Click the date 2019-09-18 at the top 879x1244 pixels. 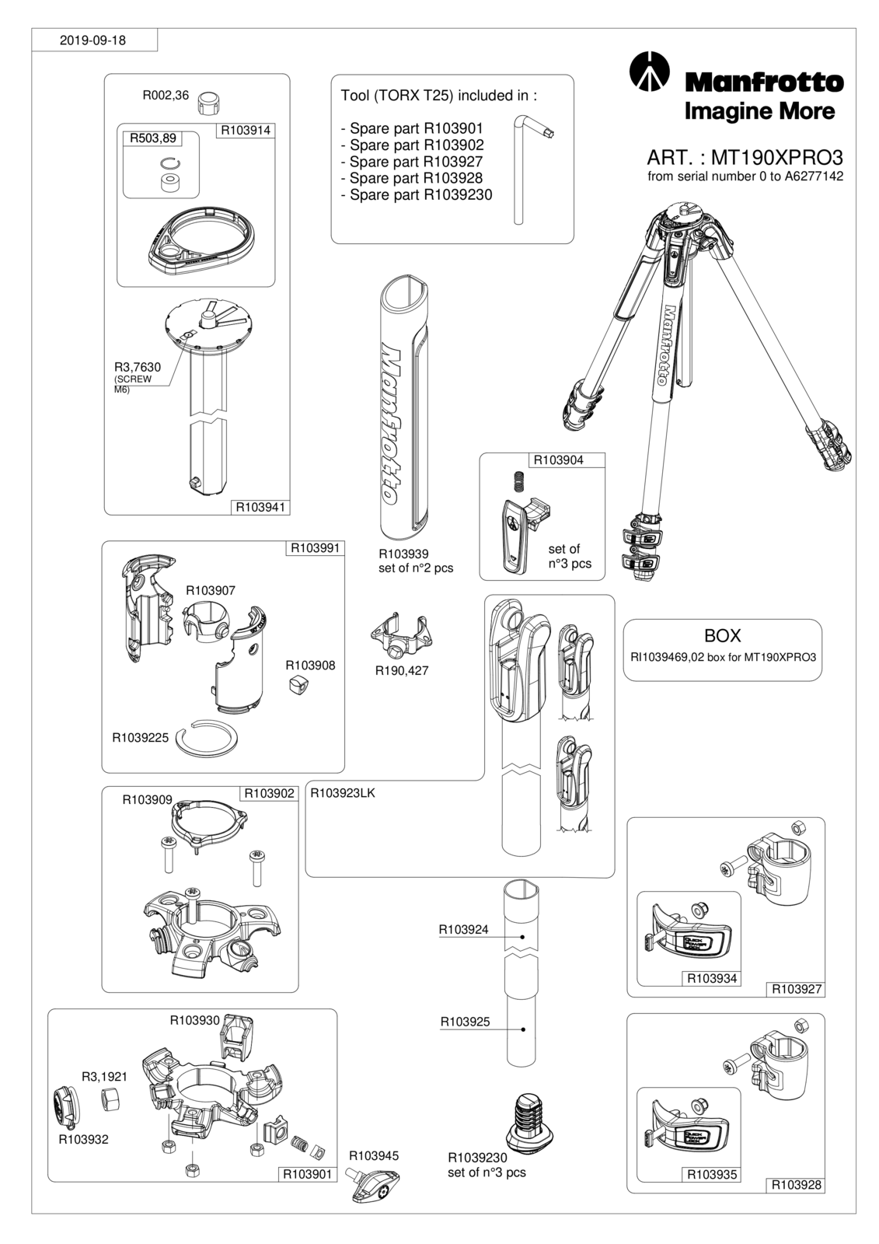[x=92, y=40]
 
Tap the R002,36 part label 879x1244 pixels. [x=166, y=96]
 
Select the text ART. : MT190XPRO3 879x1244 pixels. [x=745, y=159]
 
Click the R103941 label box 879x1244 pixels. [x=260, y=507]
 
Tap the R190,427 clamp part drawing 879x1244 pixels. [x=402, y=635]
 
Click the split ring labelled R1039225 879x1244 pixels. [x=208, y=739]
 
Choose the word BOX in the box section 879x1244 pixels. [x=723, y=635]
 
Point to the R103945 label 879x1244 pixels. [x=374, y=1155]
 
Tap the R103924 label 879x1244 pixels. [x=464, y=930]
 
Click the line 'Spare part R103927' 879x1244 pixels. [x=411, y=162]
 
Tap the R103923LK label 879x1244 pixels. [x=343, y=793]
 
